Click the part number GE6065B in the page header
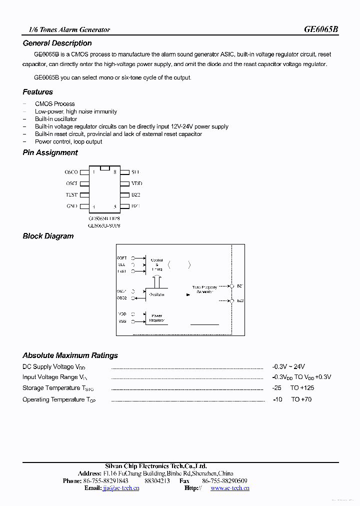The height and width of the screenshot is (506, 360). click(x=321, y=29)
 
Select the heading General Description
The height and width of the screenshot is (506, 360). click(x=57, y=43)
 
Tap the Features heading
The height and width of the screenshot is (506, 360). click(x=37, y=92)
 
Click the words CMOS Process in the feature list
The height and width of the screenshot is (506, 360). click(x=54, y=104)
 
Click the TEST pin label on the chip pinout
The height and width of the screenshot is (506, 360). click(x=71, y=195)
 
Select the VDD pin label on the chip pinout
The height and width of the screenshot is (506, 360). click(x=136, y=183)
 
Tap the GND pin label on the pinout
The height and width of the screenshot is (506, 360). click(x=71, y=206)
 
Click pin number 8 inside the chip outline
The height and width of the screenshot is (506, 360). click(x=115, y=172)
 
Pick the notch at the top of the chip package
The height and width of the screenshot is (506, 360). click(x=104, y=168)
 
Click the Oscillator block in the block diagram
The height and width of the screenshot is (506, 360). click(x=156, y=294)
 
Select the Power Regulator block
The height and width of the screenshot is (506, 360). click(x=156, y=318)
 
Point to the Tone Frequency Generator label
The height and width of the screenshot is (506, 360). click(x=204, y=289)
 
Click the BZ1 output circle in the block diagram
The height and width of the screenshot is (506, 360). click(x=232, y=286)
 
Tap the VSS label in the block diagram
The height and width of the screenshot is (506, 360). click(x=122, y=321)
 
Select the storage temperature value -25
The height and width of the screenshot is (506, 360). click(x=277, y=388)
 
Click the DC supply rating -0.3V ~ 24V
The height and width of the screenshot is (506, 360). click(x=288, y=366)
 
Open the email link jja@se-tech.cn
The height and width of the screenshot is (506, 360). click(x=120, y=488)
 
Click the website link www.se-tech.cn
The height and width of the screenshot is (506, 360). click(x=229, y=488)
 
